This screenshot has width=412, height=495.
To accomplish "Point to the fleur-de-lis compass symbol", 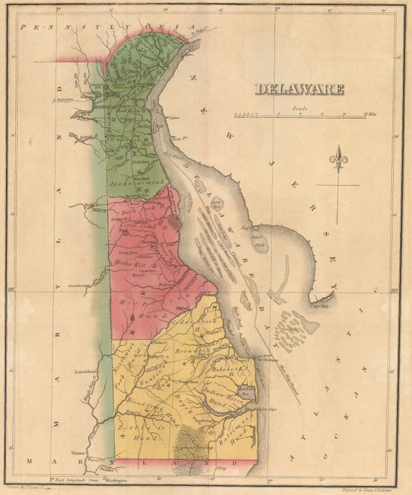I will (x=338, y=161).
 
